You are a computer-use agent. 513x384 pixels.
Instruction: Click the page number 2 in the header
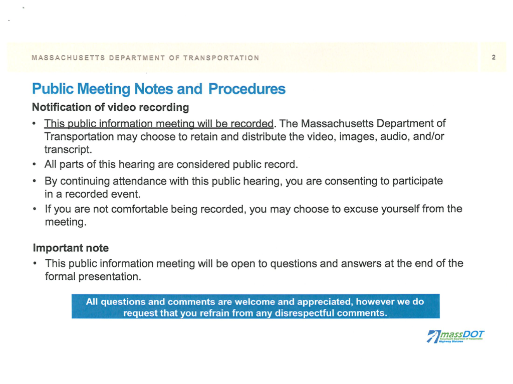pos(493,57)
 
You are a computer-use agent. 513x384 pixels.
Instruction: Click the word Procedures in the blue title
pos(246,89)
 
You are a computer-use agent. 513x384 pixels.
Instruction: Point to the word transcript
pos(68,149)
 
